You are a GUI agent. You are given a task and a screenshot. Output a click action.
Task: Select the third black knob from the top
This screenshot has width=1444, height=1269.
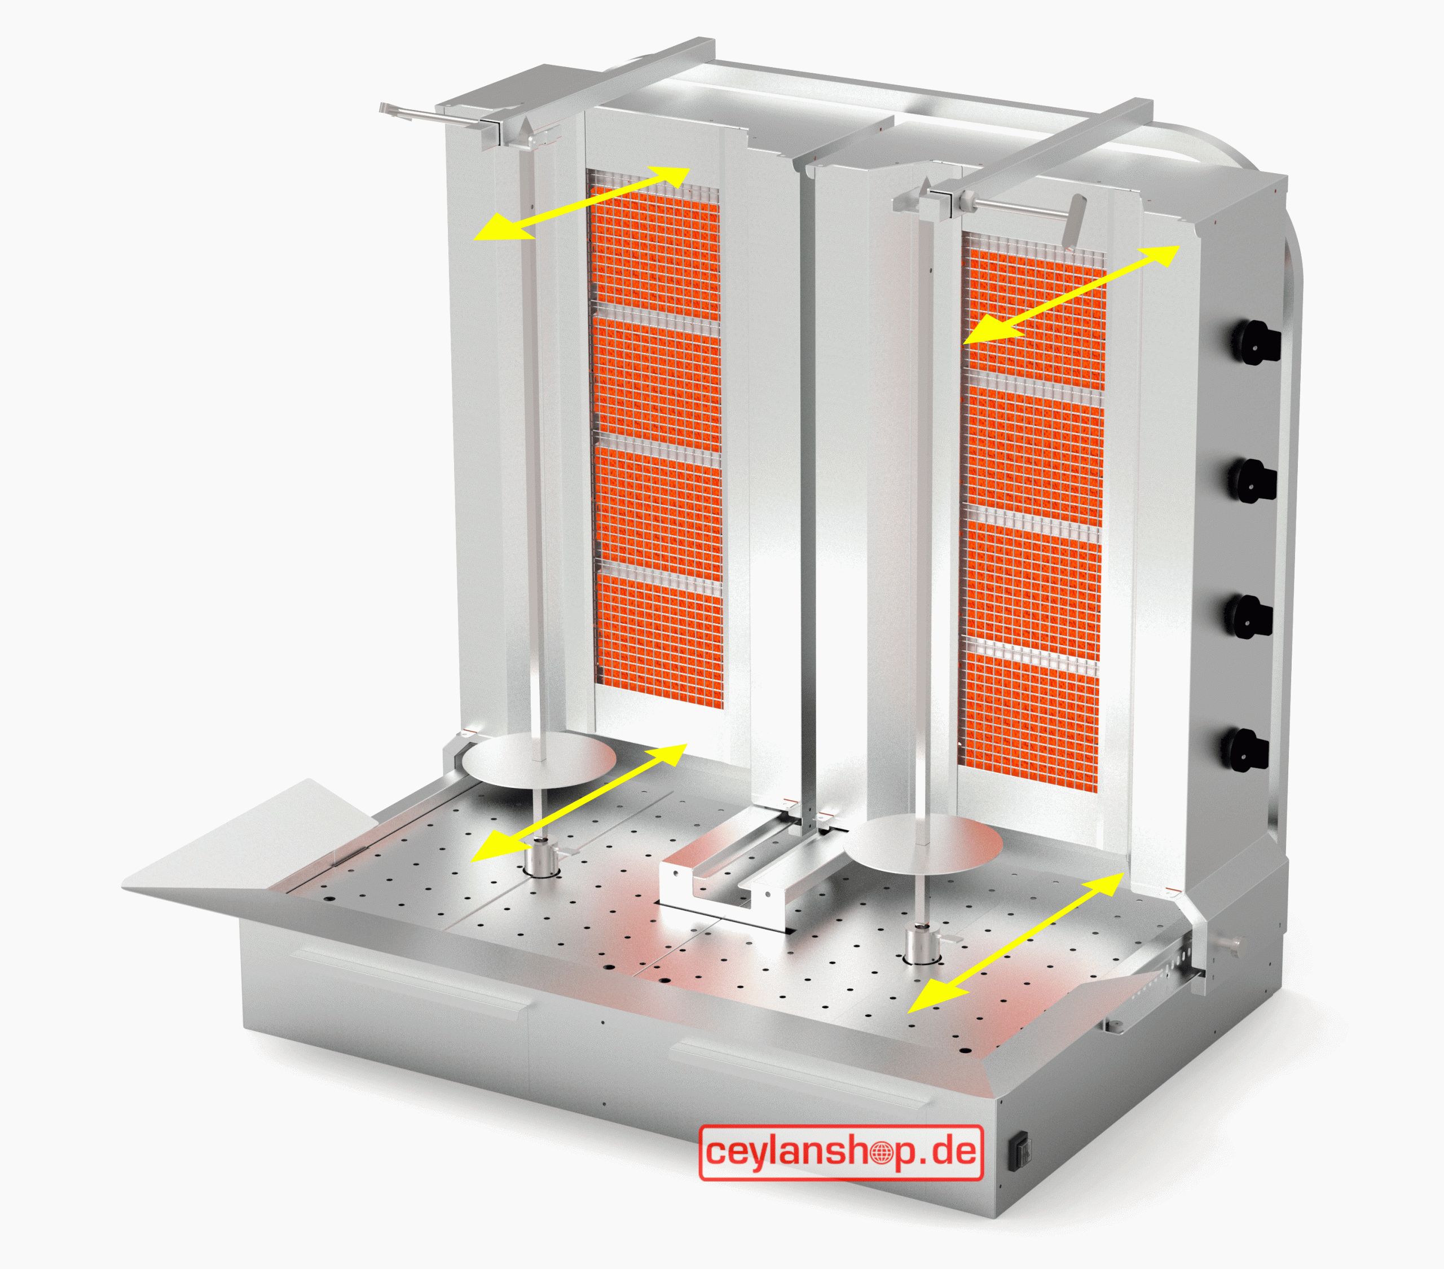[1249, 616]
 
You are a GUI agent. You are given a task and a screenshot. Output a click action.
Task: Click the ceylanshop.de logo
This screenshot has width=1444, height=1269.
[840, 1152]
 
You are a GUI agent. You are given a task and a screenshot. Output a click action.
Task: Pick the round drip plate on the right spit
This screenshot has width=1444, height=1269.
[923, 844]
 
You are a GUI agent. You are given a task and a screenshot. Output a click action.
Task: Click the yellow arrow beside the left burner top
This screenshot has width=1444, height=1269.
[582, 204]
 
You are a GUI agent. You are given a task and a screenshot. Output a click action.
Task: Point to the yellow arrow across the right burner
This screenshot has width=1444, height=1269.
[1072, 294]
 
